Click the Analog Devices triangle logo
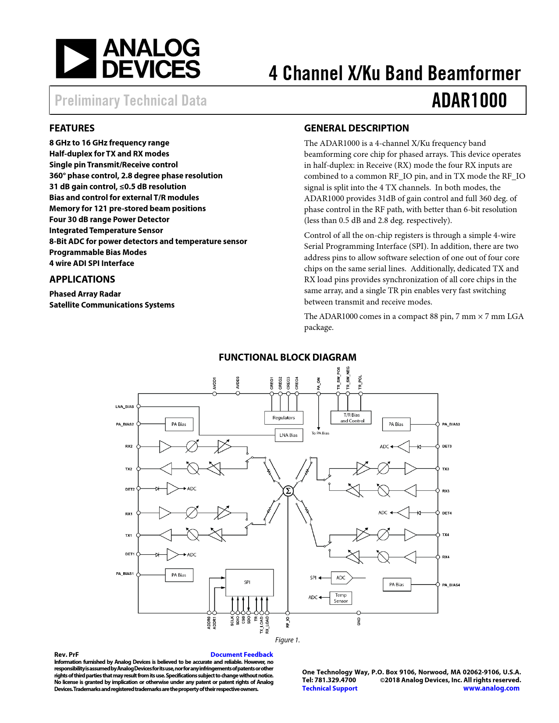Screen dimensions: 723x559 tap(76, 59)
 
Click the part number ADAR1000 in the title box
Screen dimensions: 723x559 tap(469, 100)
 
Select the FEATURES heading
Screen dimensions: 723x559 tap(72, 128)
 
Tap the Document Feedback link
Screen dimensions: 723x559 tap(242, 655)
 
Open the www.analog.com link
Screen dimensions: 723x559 tap(491, 688)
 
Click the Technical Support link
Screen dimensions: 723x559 tap(330, 688)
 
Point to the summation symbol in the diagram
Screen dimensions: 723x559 tap(288, 491)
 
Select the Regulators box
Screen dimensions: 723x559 tap(284, 418)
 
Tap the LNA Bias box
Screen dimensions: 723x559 tap(288, 435)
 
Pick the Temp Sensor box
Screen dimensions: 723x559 tap(341, 598)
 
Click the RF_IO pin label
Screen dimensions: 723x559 tap(288, 622)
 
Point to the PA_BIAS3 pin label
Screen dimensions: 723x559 tap(451, 424)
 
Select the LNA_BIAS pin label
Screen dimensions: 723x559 tap(125, 407)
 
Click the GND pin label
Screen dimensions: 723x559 tap(359, 621)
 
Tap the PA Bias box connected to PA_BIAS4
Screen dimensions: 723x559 tap(396, 585)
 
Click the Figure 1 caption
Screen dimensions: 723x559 tap(288, 640)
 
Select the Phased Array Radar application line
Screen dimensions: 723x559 tap(85, 294)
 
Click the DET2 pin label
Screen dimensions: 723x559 tap(130, 489)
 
